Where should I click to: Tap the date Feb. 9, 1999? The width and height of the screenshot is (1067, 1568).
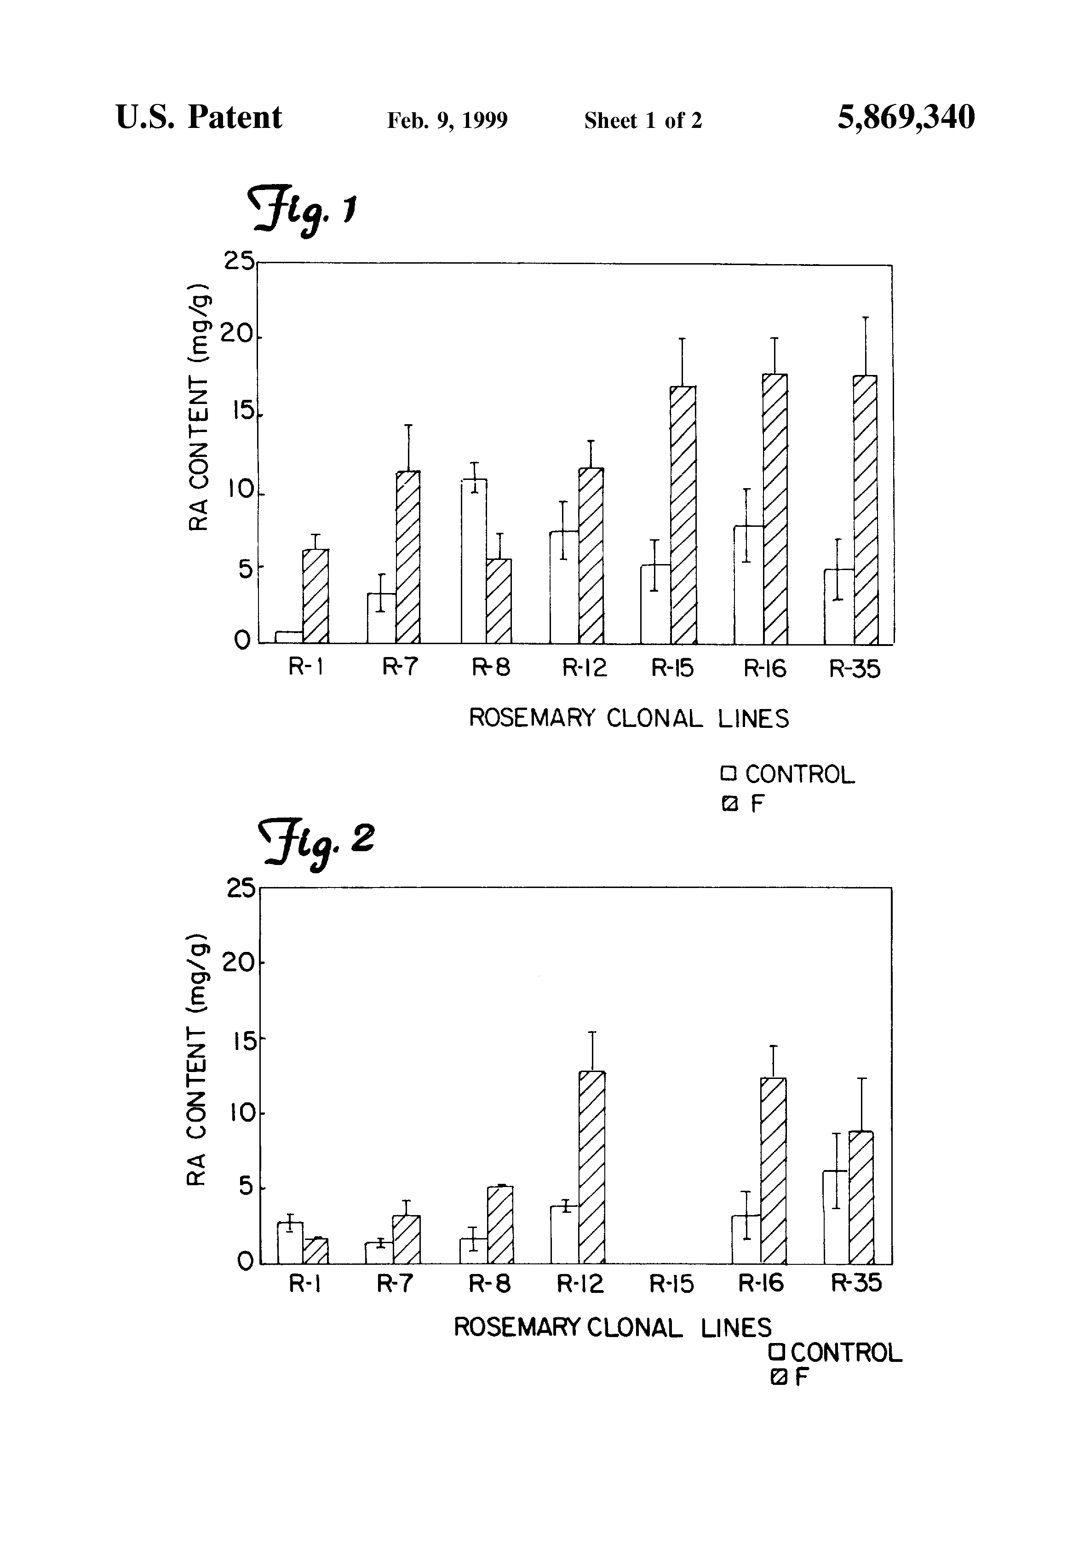coord(447,121)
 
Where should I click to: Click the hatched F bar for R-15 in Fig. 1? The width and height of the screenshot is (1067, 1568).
coord(683,514)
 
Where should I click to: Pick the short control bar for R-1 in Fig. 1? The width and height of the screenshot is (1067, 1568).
coord(289,637)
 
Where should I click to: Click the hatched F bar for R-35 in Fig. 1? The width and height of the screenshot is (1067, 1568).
coord(866,509)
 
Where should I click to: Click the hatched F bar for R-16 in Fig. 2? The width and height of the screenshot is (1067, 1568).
coord(773,1170)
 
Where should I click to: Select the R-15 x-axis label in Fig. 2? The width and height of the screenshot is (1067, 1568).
coord(671,1284)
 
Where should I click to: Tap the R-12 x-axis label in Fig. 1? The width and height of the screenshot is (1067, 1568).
coord(585,668)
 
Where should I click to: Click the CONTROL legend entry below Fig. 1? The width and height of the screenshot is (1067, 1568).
coord(788,774)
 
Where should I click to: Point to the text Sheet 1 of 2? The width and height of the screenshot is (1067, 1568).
coord(643,121)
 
